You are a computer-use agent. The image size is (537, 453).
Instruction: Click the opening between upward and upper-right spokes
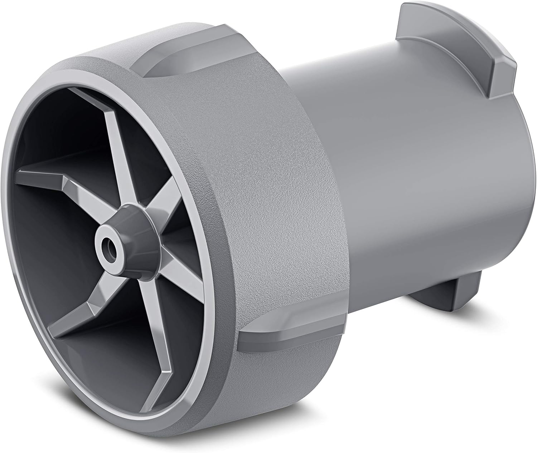coord(143,143)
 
